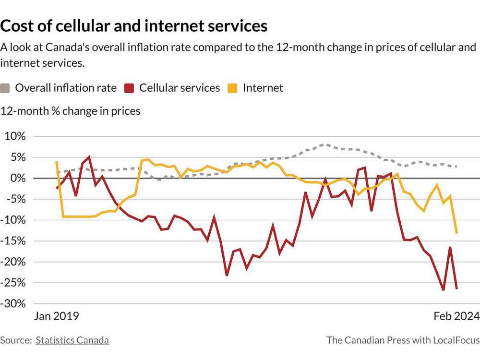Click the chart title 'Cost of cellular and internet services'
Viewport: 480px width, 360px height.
[134, 25]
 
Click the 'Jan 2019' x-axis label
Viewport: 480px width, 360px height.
[56, 316]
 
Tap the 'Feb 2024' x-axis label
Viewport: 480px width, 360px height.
[456, 316]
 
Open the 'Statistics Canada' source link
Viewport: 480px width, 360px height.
[72, 340]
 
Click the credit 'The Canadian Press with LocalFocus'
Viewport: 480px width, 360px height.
[403, 340]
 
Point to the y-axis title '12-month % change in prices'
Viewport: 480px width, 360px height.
[71, 111]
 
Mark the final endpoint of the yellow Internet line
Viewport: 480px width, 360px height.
[456, 233]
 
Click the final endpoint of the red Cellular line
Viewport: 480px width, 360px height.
[456, 288]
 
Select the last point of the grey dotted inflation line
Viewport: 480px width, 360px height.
[456, 167]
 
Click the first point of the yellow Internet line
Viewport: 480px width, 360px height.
[57, 162]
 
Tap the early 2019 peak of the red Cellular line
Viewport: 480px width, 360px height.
[89, 157]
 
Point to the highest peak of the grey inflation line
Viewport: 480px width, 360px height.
[326, 144]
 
